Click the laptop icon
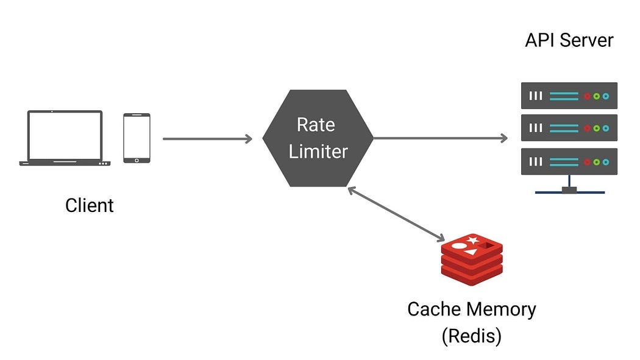pyautogui.click(x=65, y=138)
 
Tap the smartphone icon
pyautogui.click(x=137, y=138)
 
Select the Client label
pyautogui.click(x=89, y=205)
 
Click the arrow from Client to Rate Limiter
pyautogui.click(x=207, y=139)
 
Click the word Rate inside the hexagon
pyautogui.click(x=316, y=125)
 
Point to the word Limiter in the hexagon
pyautogui.click(x=318, y=152)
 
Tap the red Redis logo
pyautogui.click(x=472, y=256)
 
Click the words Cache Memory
pyautogui.click(x=471, y=309)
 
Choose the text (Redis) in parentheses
pyautogui.click(x=471, y=335)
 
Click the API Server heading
pyautogui.click(x=569, y=41)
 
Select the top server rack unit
pyautogui.click(x=569, y=96)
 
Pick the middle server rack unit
pyautogui.click(x=569, y=128)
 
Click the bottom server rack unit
pyautogui.click(x=569, y=161)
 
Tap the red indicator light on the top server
pyautogui.click(x=587, y=96)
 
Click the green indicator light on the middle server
pyautogui.click(x=596, y=129)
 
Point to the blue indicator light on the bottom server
pyautogui.click(x=605, y=161)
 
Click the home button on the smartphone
pyautogui.click(x=137, y=160)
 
